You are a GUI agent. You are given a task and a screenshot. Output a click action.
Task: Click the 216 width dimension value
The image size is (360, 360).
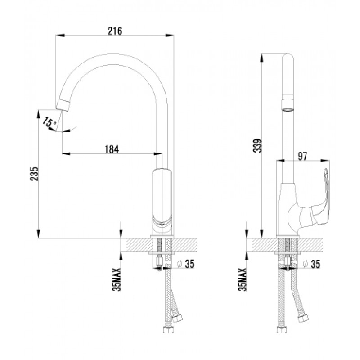tap(115, 31)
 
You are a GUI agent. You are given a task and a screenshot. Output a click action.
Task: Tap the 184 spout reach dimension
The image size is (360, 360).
tap(112, 149)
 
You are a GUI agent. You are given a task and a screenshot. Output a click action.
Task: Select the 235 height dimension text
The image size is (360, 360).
tap(35, 174)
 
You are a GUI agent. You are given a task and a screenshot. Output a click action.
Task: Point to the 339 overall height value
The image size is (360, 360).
tap(257, 145)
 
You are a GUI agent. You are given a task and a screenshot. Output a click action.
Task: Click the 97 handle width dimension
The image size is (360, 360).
tap(302, 156)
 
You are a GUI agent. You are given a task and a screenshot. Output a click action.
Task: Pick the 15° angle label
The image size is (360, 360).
tap(49, 122)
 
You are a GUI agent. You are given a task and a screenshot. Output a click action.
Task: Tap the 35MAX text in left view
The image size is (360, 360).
tap(117, 279)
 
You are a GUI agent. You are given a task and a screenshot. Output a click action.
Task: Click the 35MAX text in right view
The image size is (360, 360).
tap(243, 279)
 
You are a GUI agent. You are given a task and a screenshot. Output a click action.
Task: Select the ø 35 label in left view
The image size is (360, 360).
tap(186, 264)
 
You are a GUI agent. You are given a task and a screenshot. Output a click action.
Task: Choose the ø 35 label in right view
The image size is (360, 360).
tap(311, 264)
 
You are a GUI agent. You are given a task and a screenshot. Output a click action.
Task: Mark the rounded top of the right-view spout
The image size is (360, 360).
tap(288, 58)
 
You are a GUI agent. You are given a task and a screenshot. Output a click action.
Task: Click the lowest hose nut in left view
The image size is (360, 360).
tap(168, 329)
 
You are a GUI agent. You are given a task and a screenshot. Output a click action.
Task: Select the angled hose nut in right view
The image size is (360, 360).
tap(303, 319)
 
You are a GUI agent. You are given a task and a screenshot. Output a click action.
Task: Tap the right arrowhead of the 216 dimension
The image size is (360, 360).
tap(170, 36)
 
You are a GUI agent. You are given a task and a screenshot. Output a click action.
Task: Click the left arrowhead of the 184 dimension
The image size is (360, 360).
tap(66, 153)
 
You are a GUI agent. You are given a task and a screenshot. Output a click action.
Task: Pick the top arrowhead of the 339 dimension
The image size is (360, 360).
tap(262, 58)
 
